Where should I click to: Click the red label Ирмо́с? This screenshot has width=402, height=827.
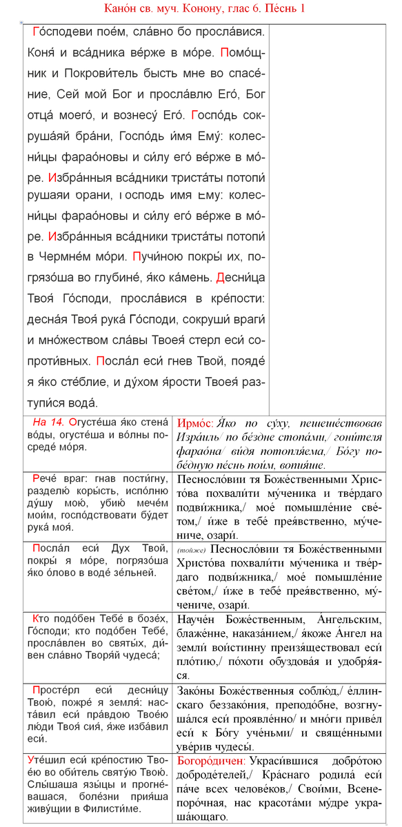pos(195,422)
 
